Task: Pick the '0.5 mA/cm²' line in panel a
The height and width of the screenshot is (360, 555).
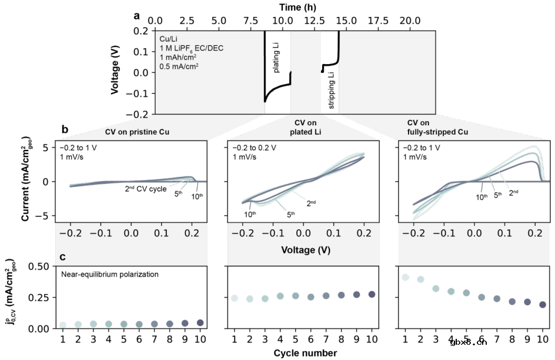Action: click(x=179, y=66)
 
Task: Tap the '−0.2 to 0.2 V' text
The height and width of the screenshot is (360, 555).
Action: click(x=256, y=147)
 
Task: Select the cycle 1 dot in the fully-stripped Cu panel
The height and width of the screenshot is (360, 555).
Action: click(x=405, y=277)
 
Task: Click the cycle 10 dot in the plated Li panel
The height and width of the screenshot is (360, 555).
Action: click(x=371, y=294)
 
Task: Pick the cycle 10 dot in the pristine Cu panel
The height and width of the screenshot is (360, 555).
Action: click(x=199, y=322)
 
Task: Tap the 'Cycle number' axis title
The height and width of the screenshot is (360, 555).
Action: click(x=305, y=353)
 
